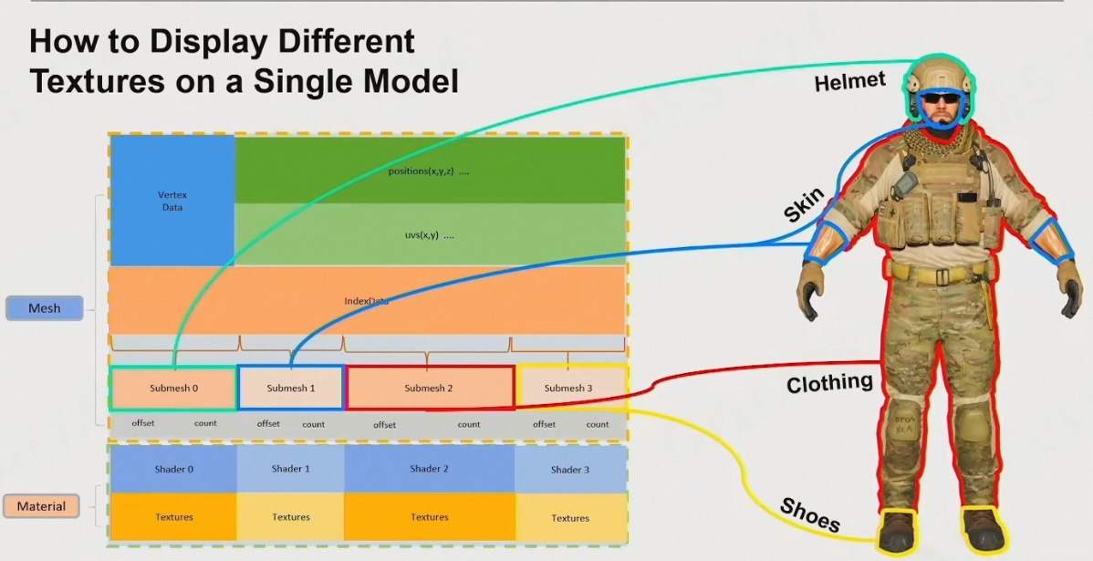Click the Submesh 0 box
click(173, 388)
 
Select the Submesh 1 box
click(291, 388)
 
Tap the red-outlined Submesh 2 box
click(429, 388)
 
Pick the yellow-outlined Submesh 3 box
click(571, 388)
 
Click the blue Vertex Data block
click(172, 201)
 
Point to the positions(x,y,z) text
click(428, 171)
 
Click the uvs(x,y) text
click(428, 234)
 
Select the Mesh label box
click(45, 308)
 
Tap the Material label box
click(42, 506)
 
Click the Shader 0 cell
click(173, 469)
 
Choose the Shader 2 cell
click(429, 469)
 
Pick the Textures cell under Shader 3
click(570, 518)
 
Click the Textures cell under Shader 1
click(291, 517)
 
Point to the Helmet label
click(849, 82)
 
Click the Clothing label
click(829, 383)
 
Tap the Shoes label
click(809, 514)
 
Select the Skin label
click(804, 205)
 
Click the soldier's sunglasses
click(941, 99)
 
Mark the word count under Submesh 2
click(469, 424)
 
